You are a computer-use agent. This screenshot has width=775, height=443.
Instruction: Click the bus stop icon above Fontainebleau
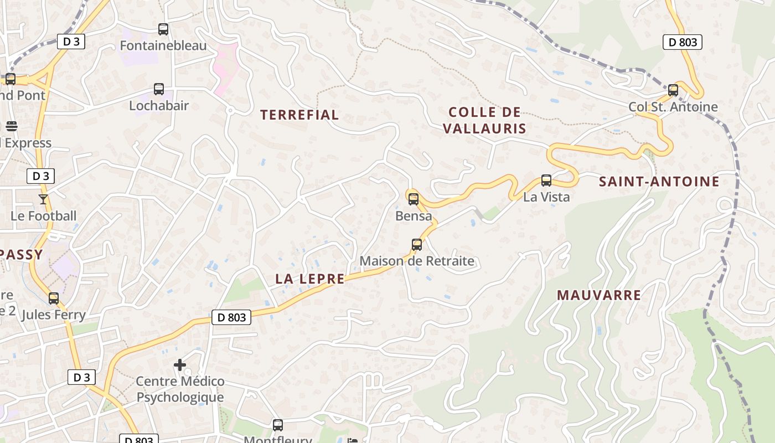pos(163,29)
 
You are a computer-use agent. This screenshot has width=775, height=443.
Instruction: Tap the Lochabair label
pos(159,105)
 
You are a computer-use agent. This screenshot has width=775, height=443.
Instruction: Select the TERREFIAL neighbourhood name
pos(299,115)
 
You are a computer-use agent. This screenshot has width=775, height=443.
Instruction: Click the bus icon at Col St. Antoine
pos(673,90)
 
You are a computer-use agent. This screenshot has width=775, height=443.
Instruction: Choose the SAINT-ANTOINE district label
pos(659,182)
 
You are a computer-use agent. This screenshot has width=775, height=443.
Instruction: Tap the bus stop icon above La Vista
pos(546,181)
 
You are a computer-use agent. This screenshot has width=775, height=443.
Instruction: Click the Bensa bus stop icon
pos(413,199)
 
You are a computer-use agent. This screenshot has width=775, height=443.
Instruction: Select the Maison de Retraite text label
pos(417,261)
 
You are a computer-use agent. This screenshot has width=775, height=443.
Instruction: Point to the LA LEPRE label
pos(310,279)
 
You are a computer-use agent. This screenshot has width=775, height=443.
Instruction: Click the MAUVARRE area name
pos(599,295)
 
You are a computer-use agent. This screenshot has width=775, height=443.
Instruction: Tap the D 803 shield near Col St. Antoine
pos(682,42)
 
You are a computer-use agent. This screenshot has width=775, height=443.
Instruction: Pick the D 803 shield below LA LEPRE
pos(231,317)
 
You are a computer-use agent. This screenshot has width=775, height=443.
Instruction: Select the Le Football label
pos(44,216)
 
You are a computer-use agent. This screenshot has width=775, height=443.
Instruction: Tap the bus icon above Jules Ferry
pos(54,298)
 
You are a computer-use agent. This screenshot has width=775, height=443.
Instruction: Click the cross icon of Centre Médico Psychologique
pos(180,365)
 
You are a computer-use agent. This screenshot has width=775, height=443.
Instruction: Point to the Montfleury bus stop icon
pos(278,425)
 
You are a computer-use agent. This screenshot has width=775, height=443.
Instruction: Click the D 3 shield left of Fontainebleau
pos(71,42)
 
